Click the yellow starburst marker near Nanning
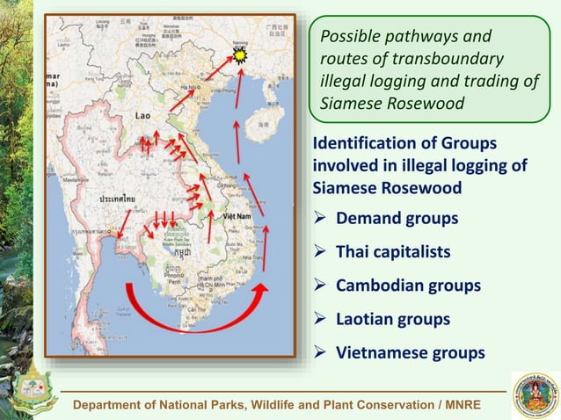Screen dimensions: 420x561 (240, 56)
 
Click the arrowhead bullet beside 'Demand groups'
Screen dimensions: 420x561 (323, 219)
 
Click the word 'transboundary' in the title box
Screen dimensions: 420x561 (448, 59)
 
